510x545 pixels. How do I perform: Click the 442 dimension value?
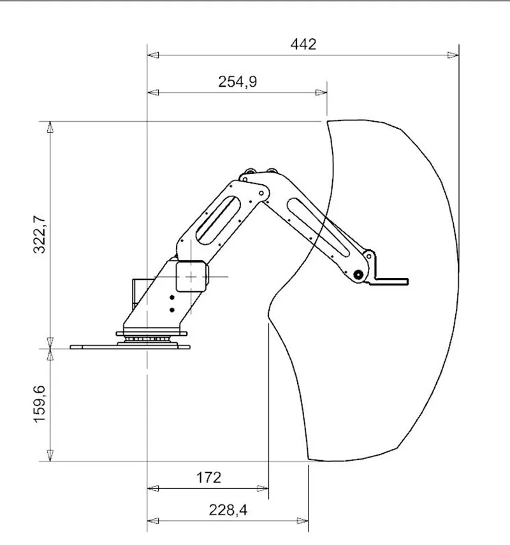[303, 45]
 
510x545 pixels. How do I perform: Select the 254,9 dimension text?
[237, 82]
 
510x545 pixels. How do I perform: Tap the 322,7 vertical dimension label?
[40, 235]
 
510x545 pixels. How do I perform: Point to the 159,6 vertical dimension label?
[40, 403]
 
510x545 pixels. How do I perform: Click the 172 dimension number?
[208, 477]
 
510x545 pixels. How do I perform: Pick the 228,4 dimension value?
[228, 510]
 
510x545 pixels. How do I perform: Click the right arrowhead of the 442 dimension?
[453, 55]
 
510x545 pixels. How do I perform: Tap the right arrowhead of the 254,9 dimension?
[321, 92]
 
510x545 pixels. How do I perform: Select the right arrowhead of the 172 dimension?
[263, 488]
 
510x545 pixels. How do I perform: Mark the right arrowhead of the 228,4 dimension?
[302, 521]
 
